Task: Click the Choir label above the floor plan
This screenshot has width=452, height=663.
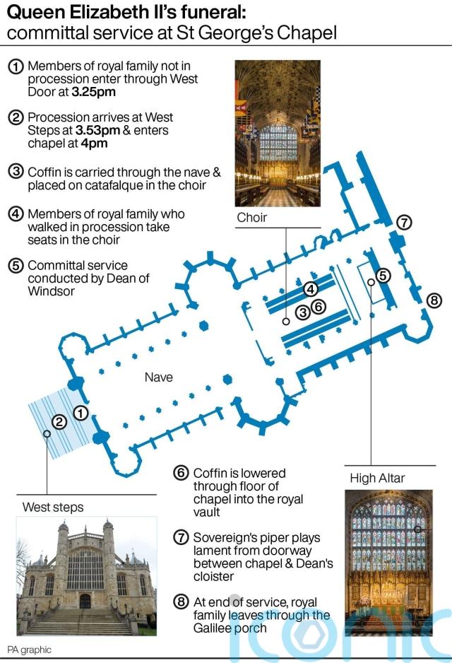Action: click(251, 218)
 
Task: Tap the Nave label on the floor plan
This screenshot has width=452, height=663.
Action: click(158, 377)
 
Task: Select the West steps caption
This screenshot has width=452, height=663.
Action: click(53, 507)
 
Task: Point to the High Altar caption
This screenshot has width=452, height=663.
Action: click(377, 479)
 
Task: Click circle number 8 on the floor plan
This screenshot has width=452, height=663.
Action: click(434, 300)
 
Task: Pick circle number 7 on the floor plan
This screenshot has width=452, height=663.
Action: click(404, 222)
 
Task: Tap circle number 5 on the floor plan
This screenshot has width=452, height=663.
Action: click(383, 275)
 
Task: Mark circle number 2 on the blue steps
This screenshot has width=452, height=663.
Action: click(60, 422)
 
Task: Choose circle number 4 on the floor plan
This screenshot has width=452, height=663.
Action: click(311, 288)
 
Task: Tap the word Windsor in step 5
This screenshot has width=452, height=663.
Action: click(51, 291)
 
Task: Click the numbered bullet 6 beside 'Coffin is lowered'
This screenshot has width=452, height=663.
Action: click(181, 474)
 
